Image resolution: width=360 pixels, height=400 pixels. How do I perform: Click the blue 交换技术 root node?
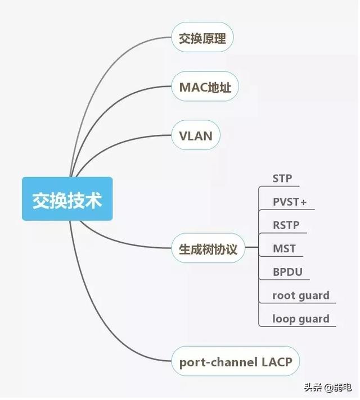67,199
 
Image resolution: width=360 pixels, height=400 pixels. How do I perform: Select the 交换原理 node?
202,39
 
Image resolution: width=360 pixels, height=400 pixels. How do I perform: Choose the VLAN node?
195,135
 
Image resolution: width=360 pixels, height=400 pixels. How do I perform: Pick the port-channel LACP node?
236,362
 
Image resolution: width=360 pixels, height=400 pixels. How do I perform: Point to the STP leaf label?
282,179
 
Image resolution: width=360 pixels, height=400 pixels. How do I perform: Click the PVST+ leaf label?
290,202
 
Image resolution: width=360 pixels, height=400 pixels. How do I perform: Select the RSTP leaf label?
286,225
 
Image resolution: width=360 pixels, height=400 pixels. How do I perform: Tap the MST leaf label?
284,248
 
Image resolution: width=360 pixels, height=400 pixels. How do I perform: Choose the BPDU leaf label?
287,272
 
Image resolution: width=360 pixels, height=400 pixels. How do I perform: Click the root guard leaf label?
301,296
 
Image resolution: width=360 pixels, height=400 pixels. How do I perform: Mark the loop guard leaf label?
301,319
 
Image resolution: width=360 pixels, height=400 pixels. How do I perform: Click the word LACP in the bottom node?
277,362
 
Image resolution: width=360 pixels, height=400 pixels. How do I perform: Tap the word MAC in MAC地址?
191,88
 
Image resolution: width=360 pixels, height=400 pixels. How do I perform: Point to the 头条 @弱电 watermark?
326,387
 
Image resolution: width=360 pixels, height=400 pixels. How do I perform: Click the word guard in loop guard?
314,319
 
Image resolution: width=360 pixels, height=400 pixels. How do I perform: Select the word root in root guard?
284,296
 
